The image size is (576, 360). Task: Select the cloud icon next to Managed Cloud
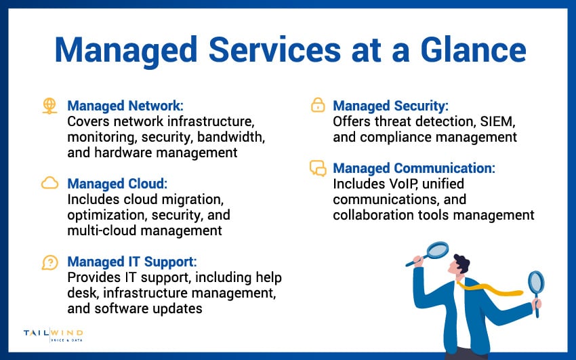coord(49,183)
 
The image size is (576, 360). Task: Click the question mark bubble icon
coord(49,262)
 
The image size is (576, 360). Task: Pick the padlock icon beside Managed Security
coord(317,105)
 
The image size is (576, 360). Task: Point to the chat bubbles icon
coord(317,168)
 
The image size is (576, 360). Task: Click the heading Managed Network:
coord(125,106)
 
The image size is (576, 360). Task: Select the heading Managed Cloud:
coord(117,184)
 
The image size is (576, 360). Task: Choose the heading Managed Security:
coord(391,106)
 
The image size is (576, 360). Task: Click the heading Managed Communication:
coord(414,168)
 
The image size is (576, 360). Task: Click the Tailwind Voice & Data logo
coord(54,336)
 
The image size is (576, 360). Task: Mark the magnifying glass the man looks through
coord(436,251)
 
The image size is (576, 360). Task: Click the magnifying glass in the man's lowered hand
coord(535,285)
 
